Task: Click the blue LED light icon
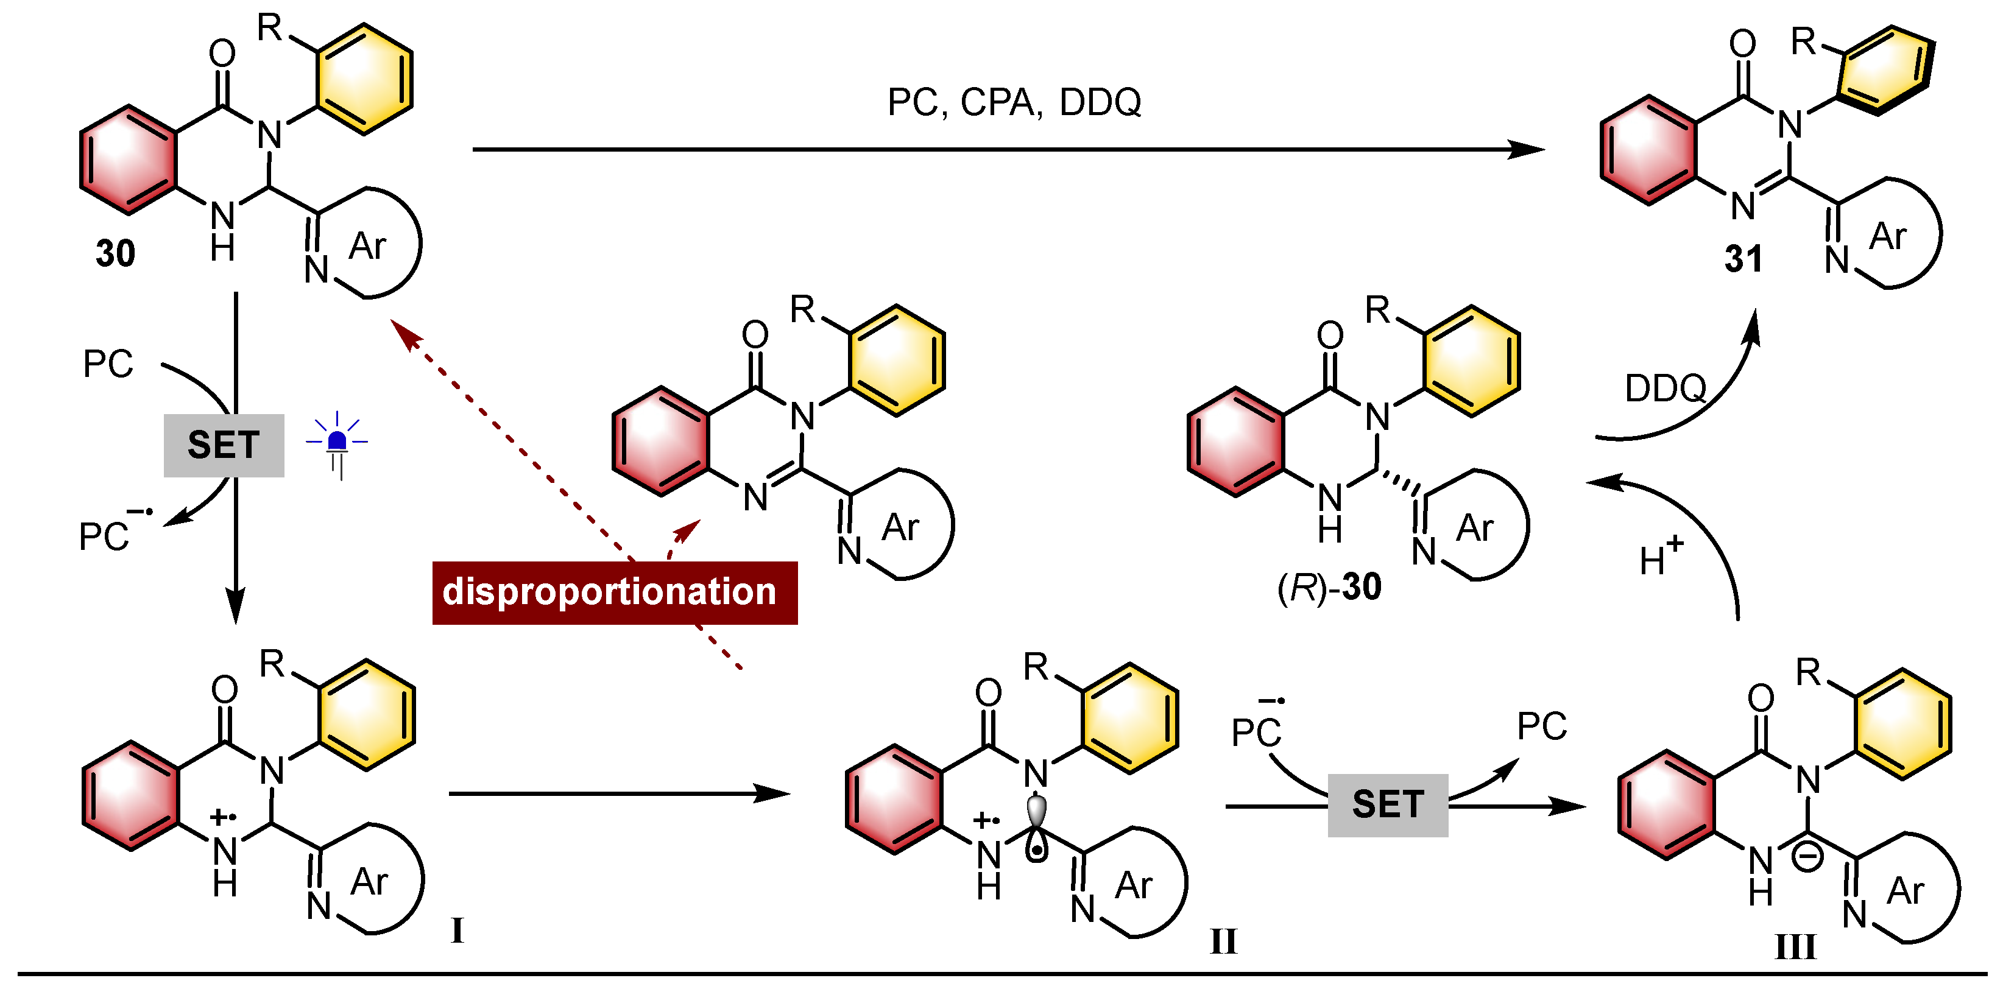click(x=337, y=443)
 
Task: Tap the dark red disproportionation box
click(x=614, y=593)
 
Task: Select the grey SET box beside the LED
click(x=224, y=446)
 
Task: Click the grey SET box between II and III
click(x=1387, y=804)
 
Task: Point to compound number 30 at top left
click(x=115, y=253)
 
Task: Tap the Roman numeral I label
click(x=457, y=930)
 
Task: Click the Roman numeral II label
click(x=1223, y=941)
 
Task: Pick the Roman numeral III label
click(x=1795, y=947)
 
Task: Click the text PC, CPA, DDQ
click(x=1014, y=102)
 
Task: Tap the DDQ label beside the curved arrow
click(x=1665, y=388)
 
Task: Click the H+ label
click(x=1660, y=557)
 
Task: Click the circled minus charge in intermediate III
click(x=1807, y=857)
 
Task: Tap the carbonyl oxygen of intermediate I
click(x=225, y=689)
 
